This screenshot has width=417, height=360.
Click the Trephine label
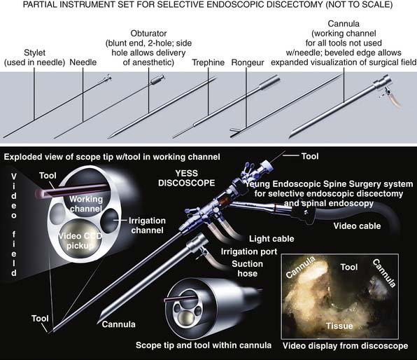coord(208,62)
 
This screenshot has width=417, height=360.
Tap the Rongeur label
coord(248,62)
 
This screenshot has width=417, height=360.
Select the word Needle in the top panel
coord(83,62)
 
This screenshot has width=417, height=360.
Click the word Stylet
coord(34,53)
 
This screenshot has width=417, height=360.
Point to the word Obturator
coord(148,34)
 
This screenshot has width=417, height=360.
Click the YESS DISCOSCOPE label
coord(186,178)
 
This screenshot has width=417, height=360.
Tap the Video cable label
coord(357,226)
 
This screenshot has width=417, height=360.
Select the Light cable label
coord(271,239)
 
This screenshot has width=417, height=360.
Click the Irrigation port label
coord(249,251)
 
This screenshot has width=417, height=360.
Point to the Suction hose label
coord(247,268)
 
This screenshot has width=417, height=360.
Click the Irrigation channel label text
coord(147,226)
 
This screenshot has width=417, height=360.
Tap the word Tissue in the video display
coord(339,326)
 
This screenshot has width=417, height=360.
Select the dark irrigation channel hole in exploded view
coord(110,221)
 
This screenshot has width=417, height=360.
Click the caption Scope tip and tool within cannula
coord(204,345)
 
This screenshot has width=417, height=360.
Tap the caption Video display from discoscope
coord(345,345)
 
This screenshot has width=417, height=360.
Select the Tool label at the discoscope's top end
coord(310,156)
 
